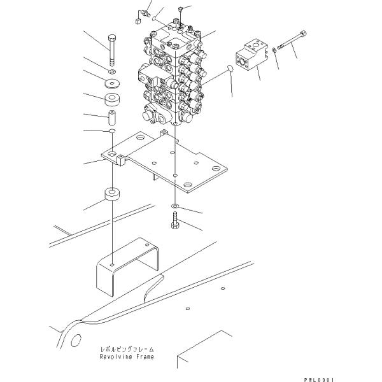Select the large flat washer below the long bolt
112,83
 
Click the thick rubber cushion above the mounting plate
112,99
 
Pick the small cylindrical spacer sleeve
112,118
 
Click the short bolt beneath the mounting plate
175,220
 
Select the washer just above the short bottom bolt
175,206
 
